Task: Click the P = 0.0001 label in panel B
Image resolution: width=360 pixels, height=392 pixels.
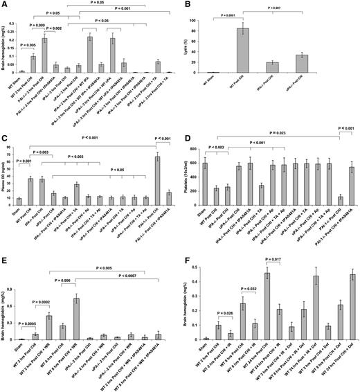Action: pos(231,14)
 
